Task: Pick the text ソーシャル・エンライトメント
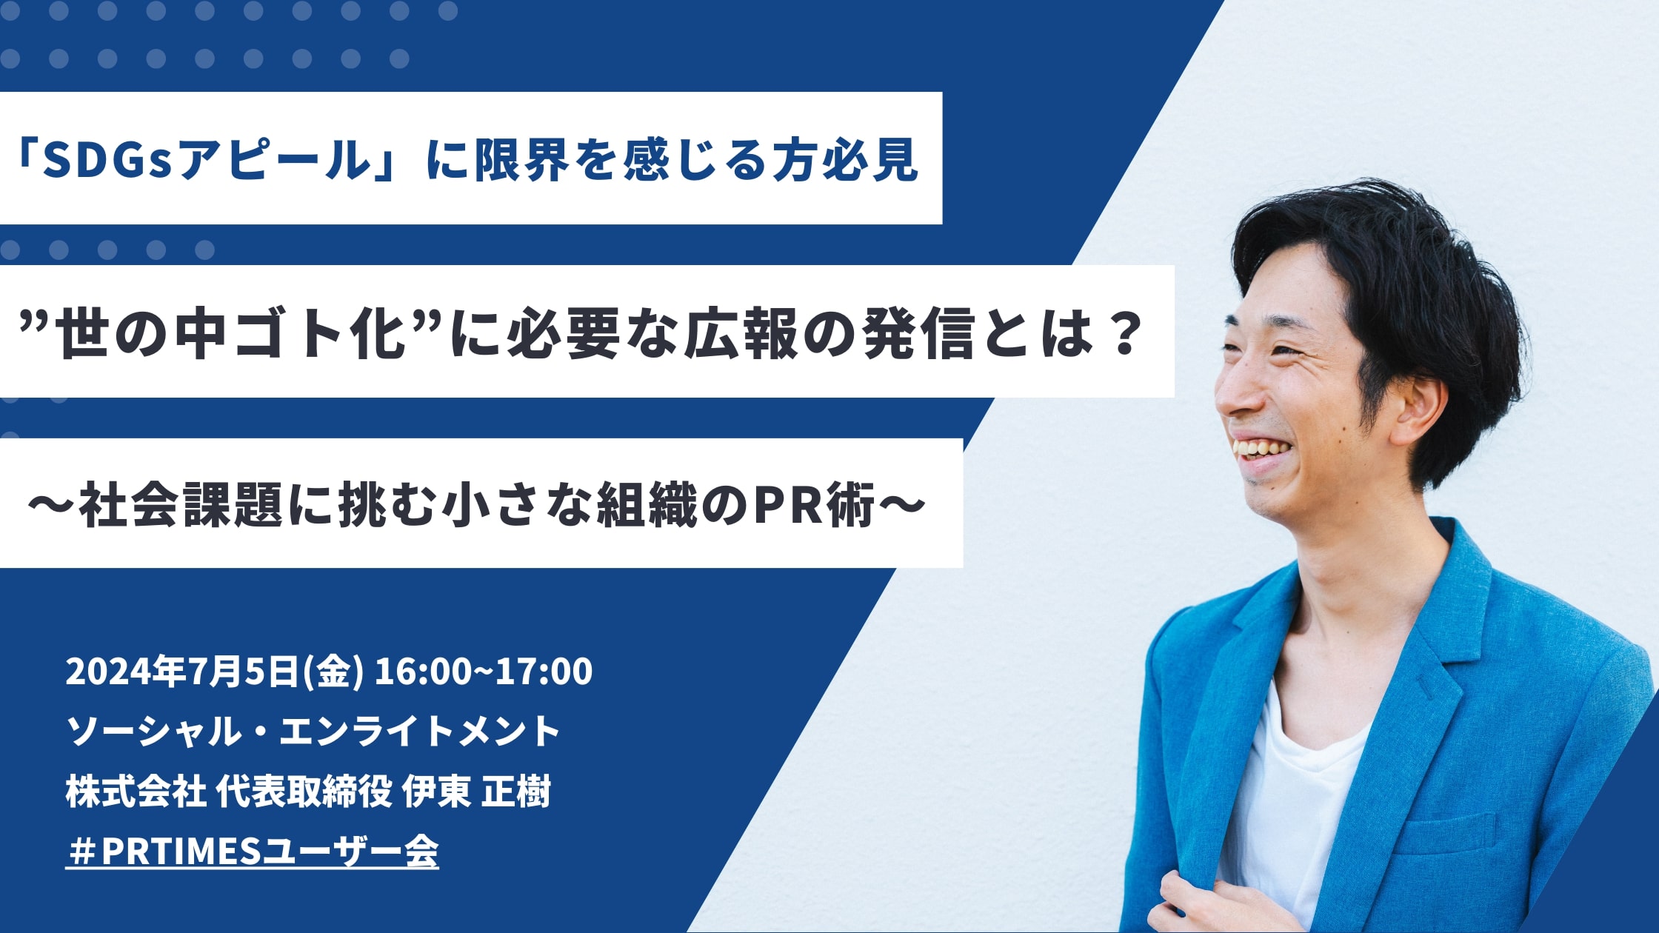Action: (313, 732)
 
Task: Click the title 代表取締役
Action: (304, 792)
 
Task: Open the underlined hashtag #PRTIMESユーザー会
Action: (253, 852)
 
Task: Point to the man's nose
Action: (1235, 392)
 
